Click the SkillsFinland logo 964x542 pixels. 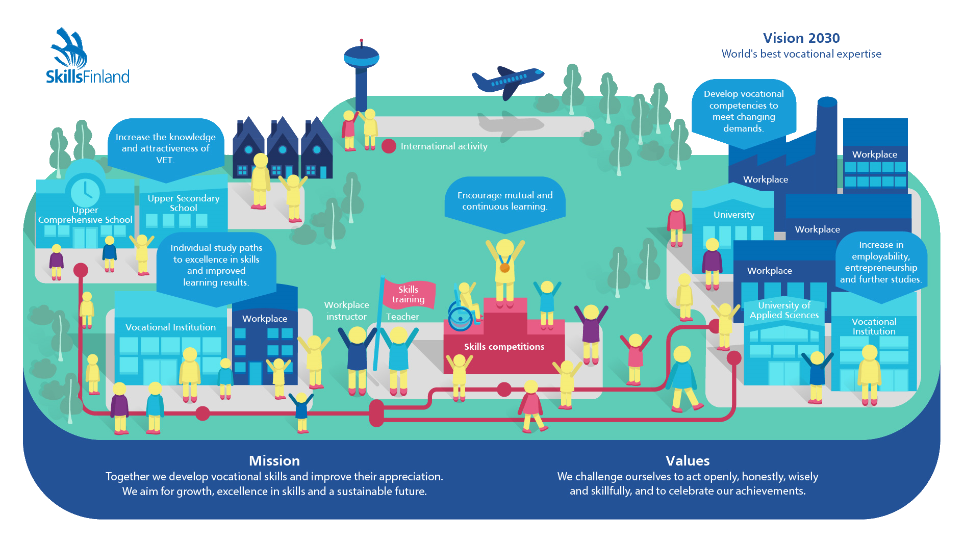tap(87, 57)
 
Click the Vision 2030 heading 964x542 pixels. tap(801, 38)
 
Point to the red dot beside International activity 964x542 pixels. tap(389, 146)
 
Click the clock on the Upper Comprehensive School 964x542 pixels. tap(85, 192)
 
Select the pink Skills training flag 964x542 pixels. tap(409, 294)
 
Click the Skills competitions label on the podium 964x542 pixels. tap(504, 347)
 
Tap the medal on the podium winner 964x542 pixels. tap(504, 267)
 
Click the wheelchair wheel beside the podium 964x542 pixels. tap(460, 318)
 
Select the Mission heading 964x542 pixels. tap(274, 460)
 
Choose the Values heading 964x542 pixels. tap(688, 460)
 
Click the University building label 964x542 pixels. tap(733, 215)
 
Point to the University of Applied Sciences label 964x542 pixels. tap(784, 310)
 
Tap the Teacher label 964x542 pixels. tap(402, 317)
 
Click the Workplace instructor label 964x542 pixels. tap(346, 311)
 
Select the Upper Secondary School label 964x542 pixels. tap(184, 203)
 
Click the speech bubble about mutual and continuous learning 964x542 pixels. tap(505, 201)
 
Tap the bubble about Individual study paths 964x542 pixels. tap(216, 265)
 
